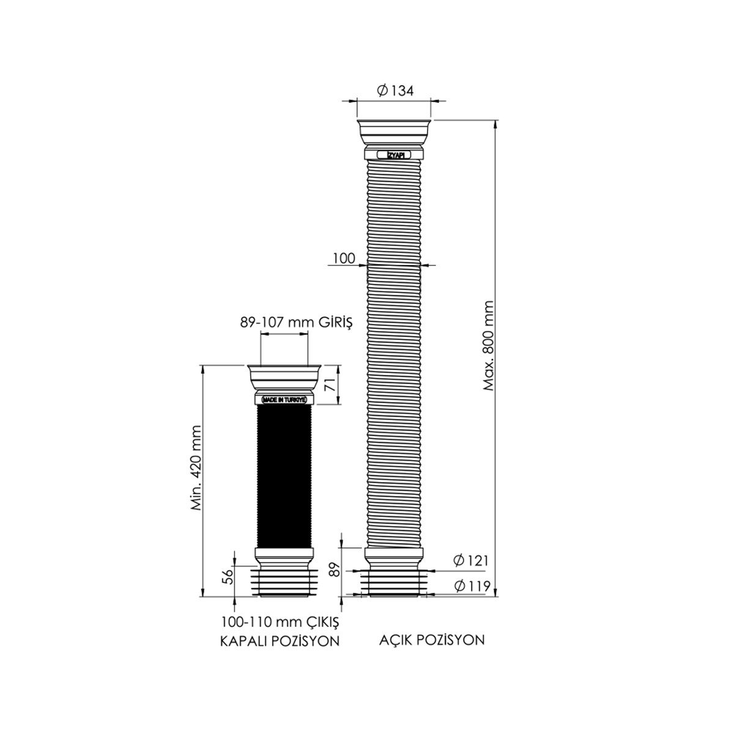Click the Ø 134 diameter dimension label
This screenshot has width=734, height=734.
pos(395,91)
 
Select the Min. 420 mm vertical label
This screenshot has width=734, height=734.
pos(196,468)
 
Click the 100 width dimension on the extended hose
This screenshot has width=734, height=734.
pos(344,258)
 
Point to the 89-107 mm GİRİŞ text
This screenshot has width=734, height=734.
pos(296,322)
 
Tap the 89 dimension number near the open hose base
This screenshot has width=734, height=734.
pos(333,569)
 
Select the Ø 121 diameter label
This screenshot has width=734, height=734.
pos(471,560)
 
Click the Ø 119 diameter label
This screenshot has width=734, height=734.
pos(472,586)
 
